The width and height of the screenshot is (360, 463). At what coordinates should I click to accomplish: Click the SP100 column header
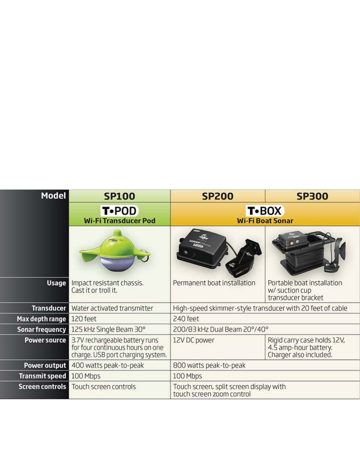[x=120, y=196]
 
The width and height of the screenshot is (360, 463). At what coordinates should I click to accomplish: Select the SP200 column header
[x=218, y=196]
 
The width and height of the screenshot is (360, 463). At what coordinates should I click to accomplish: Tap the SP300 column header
[x=312, y=196]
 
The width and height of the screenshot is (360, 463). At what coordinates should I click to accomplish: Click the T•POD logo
[x=120, y=211]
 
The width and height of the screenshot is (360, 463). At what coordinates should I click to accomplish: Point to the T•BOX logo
[x=265, y=211]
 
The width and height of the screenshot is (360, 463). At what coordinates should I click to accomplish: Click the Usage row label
[x=57, y=283]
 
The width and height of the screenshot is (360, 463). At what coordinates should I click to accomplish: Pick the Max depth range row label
[x=42, y=319]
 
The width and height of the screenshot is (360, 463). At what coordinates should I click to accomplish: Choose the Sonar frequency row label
[x=42, y=330]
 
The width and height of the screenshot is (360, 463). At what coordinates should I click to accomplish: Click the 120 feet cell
[x=84, y=319]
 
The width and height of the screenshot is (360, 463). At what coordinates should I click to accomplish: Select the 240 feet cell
[x=186, y=319]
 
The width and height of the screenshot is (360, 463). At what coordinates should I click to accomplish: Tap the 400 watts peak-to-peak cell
[x=108, y=365]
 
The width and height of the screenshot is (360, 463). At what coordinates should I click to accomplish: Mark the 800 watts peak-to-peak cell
[x=209, y=365]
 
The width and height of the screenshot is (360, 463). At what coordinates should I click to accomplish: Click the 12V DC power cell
[x=194, y=340]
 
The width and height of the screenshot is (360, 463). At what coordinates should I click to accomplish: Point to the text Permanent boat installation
[x=214, y=283]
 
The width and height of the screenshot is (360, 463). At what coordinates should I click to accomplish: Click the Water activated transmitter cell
[x=112, y=309]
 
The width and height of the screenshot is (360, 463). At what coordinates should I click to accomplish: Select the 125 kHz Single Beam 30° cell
[x=108, y=330]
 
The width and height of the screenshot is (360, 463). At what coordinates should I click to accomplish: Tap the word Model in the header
[x=53, y=196]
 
